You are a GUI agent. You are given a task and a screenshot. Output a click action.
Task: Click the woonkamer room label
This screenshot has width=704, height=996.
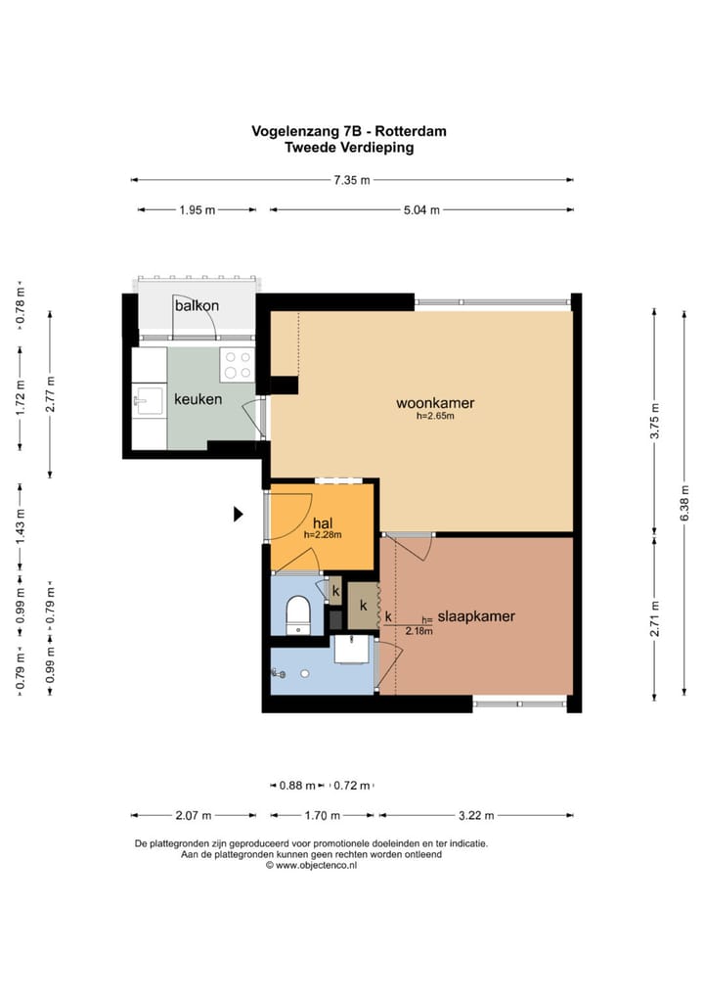pyautogui.click(x=435, y=403)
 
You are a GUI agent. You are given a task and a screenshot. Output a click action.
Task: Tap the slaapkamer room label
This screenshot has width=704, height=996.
pyautogui.click(x=476, y=616)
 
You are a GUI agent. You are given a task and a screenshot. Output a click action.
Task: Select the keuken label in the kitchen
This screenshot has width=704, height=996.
pyautogui.click(x=198, y=399)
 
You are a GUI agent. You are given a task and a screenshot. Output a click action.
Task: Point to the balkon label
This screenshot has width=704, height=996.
pyautogui.click(x=197, y=305)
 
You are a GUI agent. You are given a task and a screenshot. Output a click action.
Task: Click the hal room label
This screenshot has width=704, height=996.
pyautogui.click(x=323, y=523)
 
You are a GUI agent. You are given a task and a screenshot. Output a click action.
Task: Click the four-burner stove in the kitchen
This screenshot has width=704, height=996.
pyautogui.click(x=238, y=365)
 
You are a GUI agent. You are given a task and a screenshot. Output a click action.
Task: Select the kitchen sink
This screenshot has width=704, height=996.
pyautogui.click(x=148, y=401)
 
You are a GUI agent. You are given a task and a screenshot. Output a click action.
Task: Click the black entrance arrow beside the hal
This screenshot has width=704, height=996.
pyautogui.click(x=238, y=514)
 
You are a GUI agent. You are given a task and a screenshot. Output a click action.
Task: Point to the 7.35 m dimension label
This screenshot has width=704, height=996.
pyautogui.click(x=352, y=180)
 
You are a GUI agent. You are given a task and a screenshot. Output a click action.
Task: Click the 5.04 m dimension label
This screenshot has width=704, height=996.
pyautogui.click(x=421, y=210)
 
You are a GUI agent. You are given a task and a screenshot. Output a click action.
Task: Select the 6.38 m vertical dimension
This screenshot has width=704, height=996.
pyautogui.click(x=684, y=503)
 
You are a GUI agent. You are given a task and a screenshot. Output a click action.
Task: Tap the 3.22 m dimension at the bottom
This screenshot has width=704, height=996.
pyautogui.click(x=476, y=816)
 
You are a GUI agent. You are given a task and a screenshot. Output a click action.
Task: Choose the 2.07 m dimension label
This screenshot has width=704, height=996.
pyautogui.click(x=194, y=816)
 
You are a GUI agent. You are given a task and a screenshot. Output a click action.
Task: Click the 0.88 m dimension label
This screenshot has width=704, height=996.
pyautogui.click(x=297, y=786)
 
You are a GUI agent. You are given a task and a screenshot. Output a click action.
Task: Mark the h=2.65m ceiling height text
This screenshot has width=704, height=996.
pyautogui.click(x=435, y=417)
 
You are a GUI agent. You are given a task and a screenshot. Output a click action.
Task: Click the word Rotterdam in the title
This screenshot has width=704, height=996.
pyautogui.click(x=411, y=131)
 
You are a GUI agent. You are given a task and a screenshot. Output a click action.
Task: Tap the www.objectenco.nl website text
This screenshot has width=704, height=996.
pyautogui.click(x=316, y=865)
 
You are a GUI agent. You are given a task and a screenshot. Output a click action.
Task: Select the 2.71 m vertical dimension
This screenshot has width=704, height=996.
pyautogui.click(x=655, y=618)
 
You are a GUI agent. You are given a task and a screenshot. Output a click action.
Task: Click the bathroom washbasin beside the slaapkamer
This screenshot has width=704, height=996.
pyautogui.click(x=351, y=650)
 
